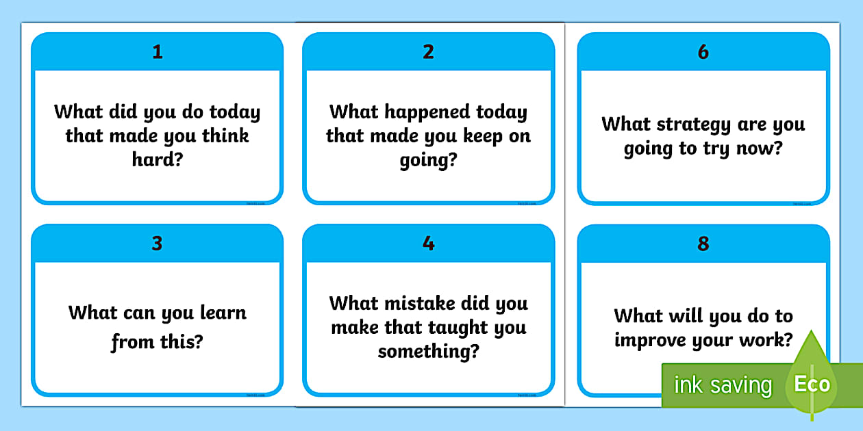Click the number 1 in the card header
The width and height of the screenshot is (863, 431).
click(158, 52)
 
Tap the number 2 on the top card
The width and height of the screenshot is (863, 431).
click(429, 52)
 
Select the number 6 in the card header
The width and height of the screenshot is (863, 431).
click(703, 52)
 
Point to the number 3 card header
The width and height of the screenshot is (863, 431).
click(158, 244)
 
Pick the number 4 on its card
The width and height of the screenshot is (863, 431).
click(429, 244)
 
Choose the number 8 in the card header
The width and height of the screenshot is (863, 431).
click(703, 244)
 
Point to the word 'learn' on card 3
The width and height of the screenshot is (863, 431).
click(223, 313)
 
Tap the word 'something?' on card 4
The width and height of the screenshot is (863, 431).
click(429, 352)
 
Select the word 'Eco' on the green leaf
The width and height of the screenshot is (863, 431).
click(812, 384)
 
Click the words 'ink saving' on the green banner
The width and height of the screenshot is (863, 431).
click(723, 385)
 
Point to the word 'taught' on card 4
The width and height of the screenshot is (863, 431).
click(459, 328)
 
